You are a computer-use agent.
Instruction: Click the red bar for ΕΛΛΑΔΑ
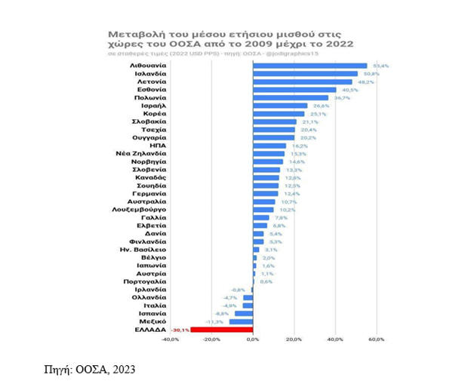(222, 330)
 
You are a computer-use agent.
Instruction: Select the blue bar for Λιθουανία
(310, 66)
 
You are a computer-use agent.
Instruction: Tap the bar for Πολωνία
(291, 98)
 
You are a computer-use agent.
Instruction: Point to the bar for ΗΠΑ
(270, 146)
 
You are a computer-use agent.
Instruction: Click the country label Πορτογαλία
(139, 281)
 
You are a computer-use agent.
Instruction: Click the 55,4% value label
(379, 66)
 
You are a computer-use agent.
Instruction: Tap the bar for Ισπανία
(244, 313)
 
